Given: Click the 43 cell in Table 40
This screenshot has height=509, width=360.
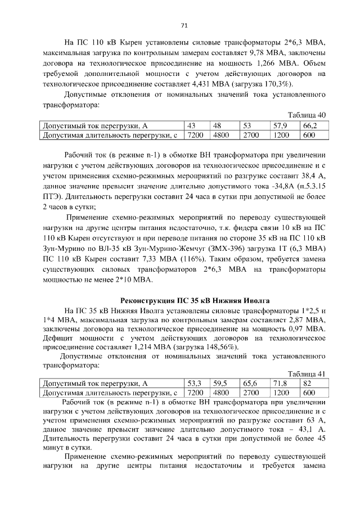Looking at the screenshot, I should click(x=193, y=125).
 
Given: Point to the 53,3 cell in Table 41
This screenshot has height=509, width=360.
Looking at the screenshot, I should click(x=195, y=383).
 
